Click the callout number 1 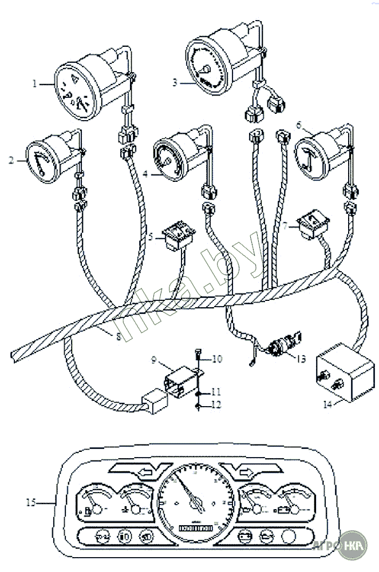pos(34,83)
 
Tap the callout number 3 pos(175,82)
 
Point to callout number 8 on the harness pos(119,337)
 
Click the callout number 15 pos(30,502)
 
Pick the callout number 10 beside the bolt pos(217,359)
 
